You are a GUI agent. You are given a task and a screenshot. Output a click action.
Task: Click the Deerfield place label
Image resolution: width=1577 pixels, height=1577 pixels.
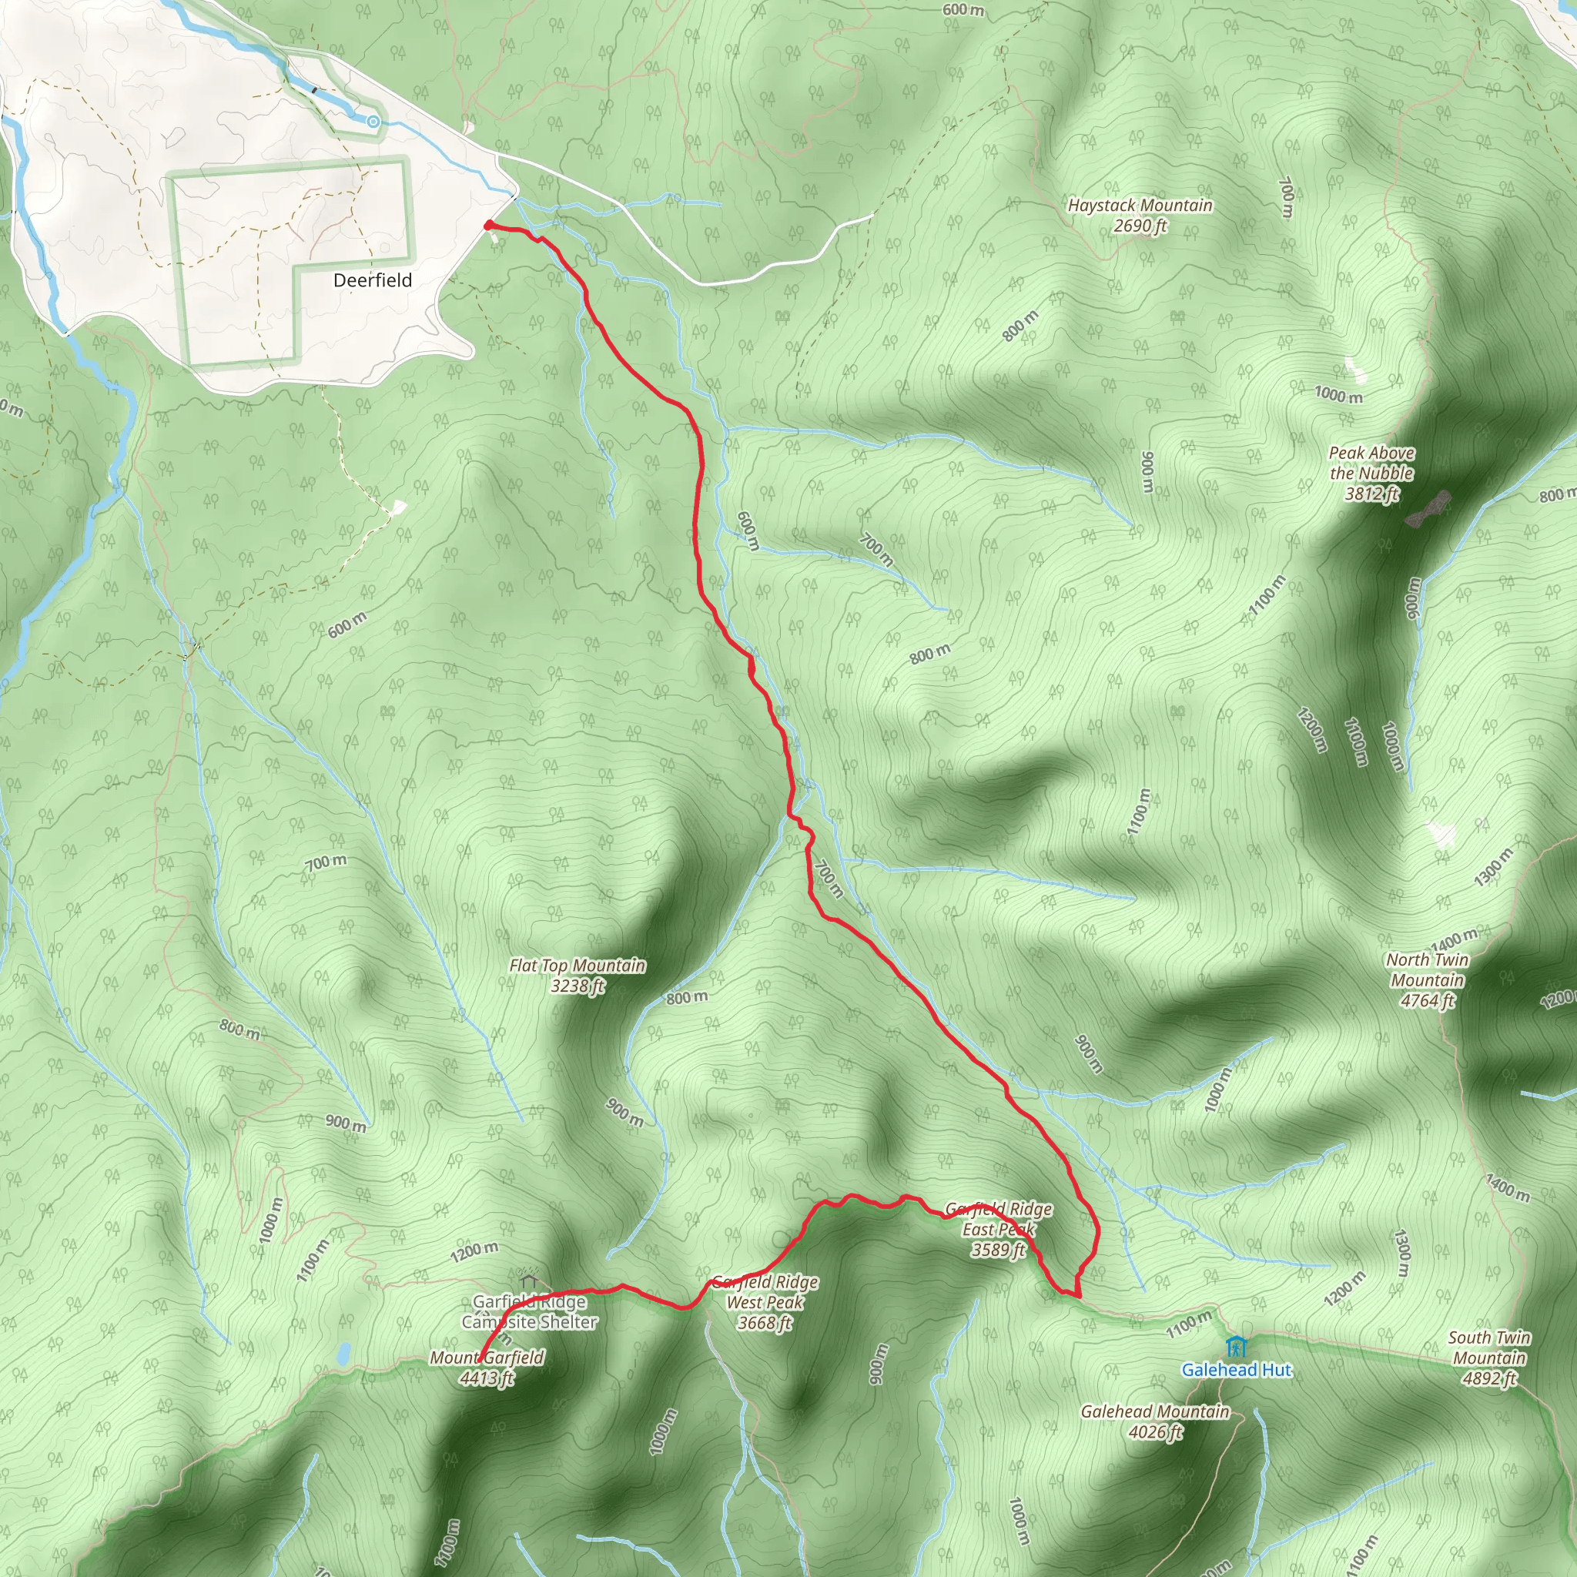tap(372, 280)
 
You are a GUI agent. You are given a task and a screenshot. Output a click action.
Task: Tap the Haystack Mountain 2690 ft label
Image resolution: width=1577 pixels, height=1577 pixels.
tap(1140, 216)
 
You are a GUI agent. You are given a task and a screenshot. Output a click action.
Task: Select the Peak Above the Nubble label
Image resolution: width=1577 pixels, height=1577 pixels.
tap(1371, 473)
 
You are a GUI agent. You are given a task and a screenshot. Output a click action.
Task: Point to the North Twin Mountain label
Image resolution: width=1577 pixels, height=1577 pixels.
tap(1427, 979)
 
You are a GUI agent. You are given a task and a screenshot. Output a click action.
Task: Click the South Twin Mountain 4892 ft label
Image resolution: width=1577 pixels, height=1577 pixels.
tap(1489, 1358)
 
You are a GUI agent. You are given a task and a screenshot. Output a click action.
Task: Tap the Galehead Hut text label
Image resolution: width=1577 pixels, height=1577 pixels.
tap(1236, 1370)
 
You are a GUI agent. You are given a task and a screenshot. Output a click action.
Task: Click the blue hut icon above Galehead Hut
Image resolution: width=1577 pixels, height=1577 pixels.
tap(1236, 1344)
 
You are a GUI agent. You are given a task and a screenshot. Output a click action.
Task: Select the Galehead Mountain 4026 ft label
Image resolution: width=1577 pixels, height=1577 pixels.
tap(1155, 1421)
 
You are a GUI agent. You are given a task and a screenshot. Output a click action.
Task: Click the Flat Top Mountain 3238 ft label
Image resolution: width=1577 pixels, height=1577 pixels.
tap(577, 976)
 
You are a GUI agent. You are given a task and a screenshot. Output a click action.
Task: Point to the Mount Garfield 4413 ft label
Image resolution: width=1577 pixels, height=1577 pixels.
tap(487, 1368)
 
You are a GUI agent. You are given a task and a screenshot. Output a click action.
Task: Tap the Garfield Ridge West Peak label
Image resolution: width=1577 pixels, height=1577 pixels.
tap(765, 1302)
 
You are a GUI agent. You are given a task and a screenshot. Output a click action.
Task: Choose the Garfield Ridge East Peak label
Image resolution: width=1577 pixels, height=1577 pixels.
tap(998, 1228)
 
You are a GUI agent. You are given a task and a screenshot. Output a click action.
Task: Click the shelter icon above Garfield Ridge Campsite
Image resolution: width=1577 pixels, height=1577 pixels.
tap(529, 1280)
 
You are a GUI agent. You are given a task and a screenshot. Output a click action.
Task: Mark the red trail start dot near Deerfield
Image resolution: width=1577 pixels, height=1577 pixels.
tap(488, 226)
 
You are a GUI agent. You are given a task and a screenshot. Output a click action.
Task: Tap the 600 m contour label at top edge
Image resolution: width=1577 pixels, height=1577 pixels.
tap(963, 10)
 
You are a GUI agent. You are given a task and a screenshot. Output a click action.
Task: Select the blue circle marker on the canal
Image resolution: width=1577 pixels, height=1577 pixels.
tap(373, 122)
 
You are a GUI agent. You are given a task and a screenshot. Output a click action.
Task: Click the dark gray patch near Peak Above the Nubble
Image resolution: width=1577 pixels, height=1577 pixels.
tap(1428, 508)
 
